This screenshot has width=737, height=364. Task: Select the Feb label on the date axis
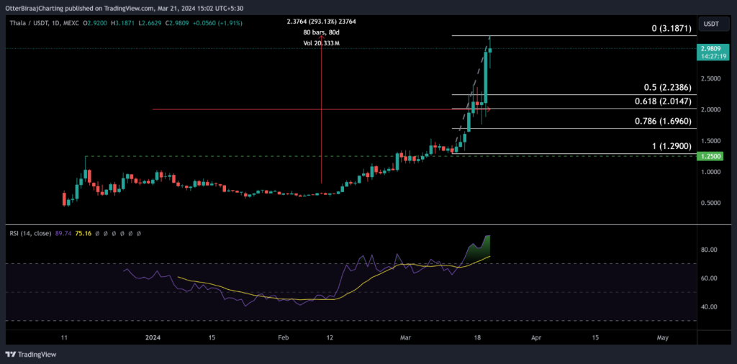[284, 336]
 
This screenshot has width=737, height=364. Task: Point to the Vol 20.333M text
[321, 44]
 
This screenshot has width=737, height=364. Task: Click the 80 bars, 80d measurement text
[321, 32]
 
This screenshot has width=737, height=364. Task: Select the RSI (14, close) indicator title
[33, 233]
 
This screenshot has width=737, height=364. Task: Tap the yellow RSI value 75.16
[86, 233]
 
